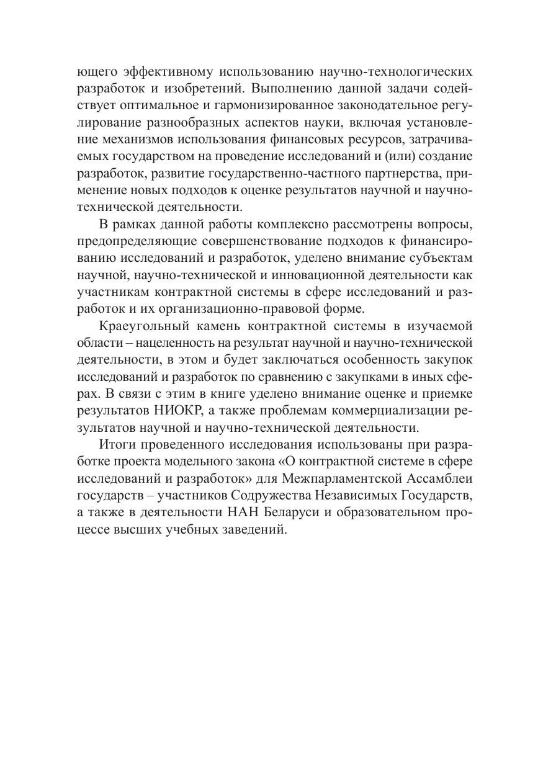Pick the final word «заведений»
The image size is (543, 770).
256,526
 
